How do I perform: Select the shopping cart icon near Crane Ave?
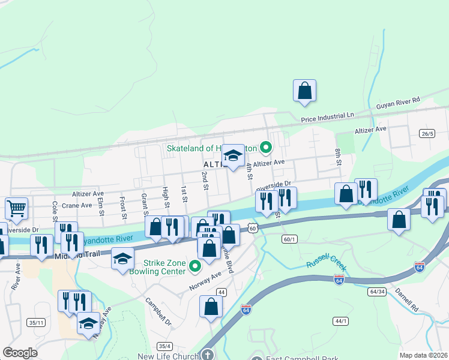coord(16,209)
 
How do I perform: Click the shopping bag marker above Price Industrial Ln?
coord(304,91)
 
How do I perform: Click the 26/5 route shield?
coord(427,133)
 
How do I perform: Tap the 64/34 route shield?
coord(377,291)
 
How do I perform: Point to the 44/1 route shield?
coord(341,321)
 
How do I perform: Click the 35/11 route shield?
coord(37,323)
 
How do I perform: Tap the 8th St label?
coord(339,158)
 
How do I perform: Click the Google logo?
coord(20,353)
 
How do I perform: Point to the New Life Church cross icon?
coord(207,355)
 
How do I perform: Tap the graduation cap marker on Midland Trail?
coord(123,259)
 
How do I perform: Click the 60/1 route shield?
coord(289,239)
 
